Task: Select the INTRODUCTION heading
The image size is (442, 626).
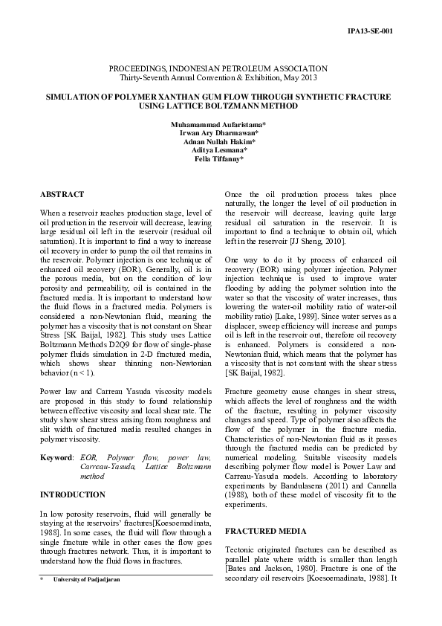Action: point(72,494)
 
